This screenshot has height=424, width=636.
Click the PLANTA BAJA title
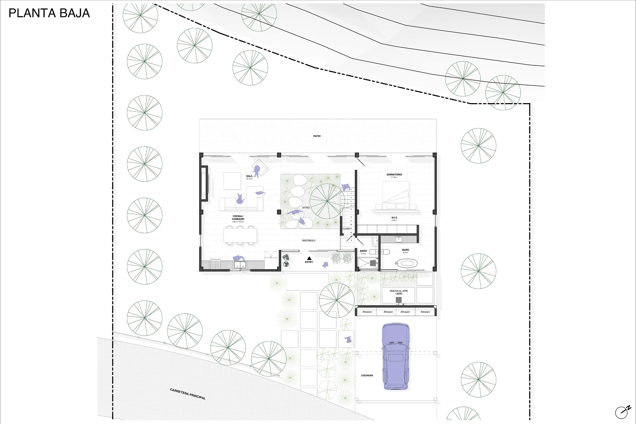[x=49, y=13]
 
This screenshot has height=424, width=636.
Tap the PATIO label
[x=317, y=136]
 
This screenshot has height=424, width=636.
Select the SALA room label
[x=249, y=176]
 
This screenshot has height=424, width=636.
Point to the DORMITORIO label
[x=394, y=175]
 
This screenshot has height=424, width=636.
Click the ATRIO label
[x=306, y=208]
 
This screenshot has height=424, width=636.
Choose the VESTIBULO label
[x=308, y=240]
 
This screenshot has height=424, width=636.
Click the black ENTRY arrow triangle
[x=309, y=258]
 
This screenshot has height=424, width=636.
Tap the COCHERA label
[x=367, y=375]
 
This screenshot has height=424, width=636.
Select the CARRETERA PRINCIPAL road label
[x=188, y=394]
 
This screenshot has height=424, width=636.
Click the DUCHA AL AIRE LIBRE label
[x=399, y=292]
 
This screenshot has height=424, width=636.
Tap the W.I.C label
[x=394, y=218]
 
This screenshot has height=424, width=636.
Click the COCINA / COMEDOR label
[x=238, y=218]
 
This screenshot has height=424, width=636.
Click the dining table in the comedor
[x=240, y=236]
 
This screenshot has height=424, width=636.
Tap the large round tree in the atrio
[x=327, y=201]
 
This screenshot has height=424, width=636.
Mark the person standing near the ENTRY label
[x=325, y=264]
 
